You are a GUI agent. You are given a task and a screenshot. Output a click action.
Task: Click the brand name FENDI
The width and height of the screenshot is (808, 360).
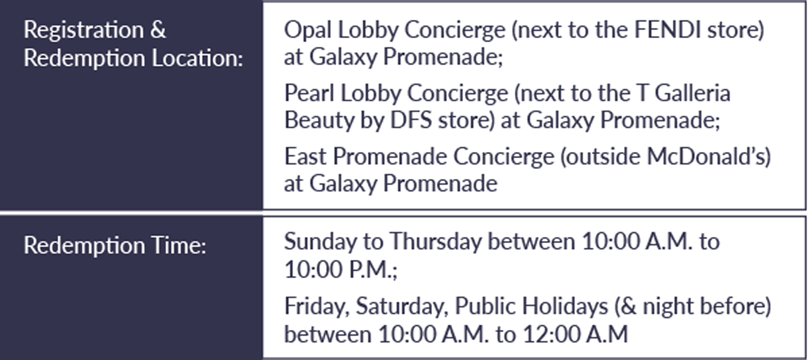[x=667, y=30]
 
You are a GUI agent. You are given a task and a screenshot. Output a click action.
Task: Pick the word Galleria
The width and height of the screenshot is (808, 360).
[x=692, y=93]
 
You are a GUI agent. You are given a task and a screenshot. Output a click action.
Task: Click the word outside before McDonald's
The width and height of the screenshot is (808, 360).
[x=601, y=157]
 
